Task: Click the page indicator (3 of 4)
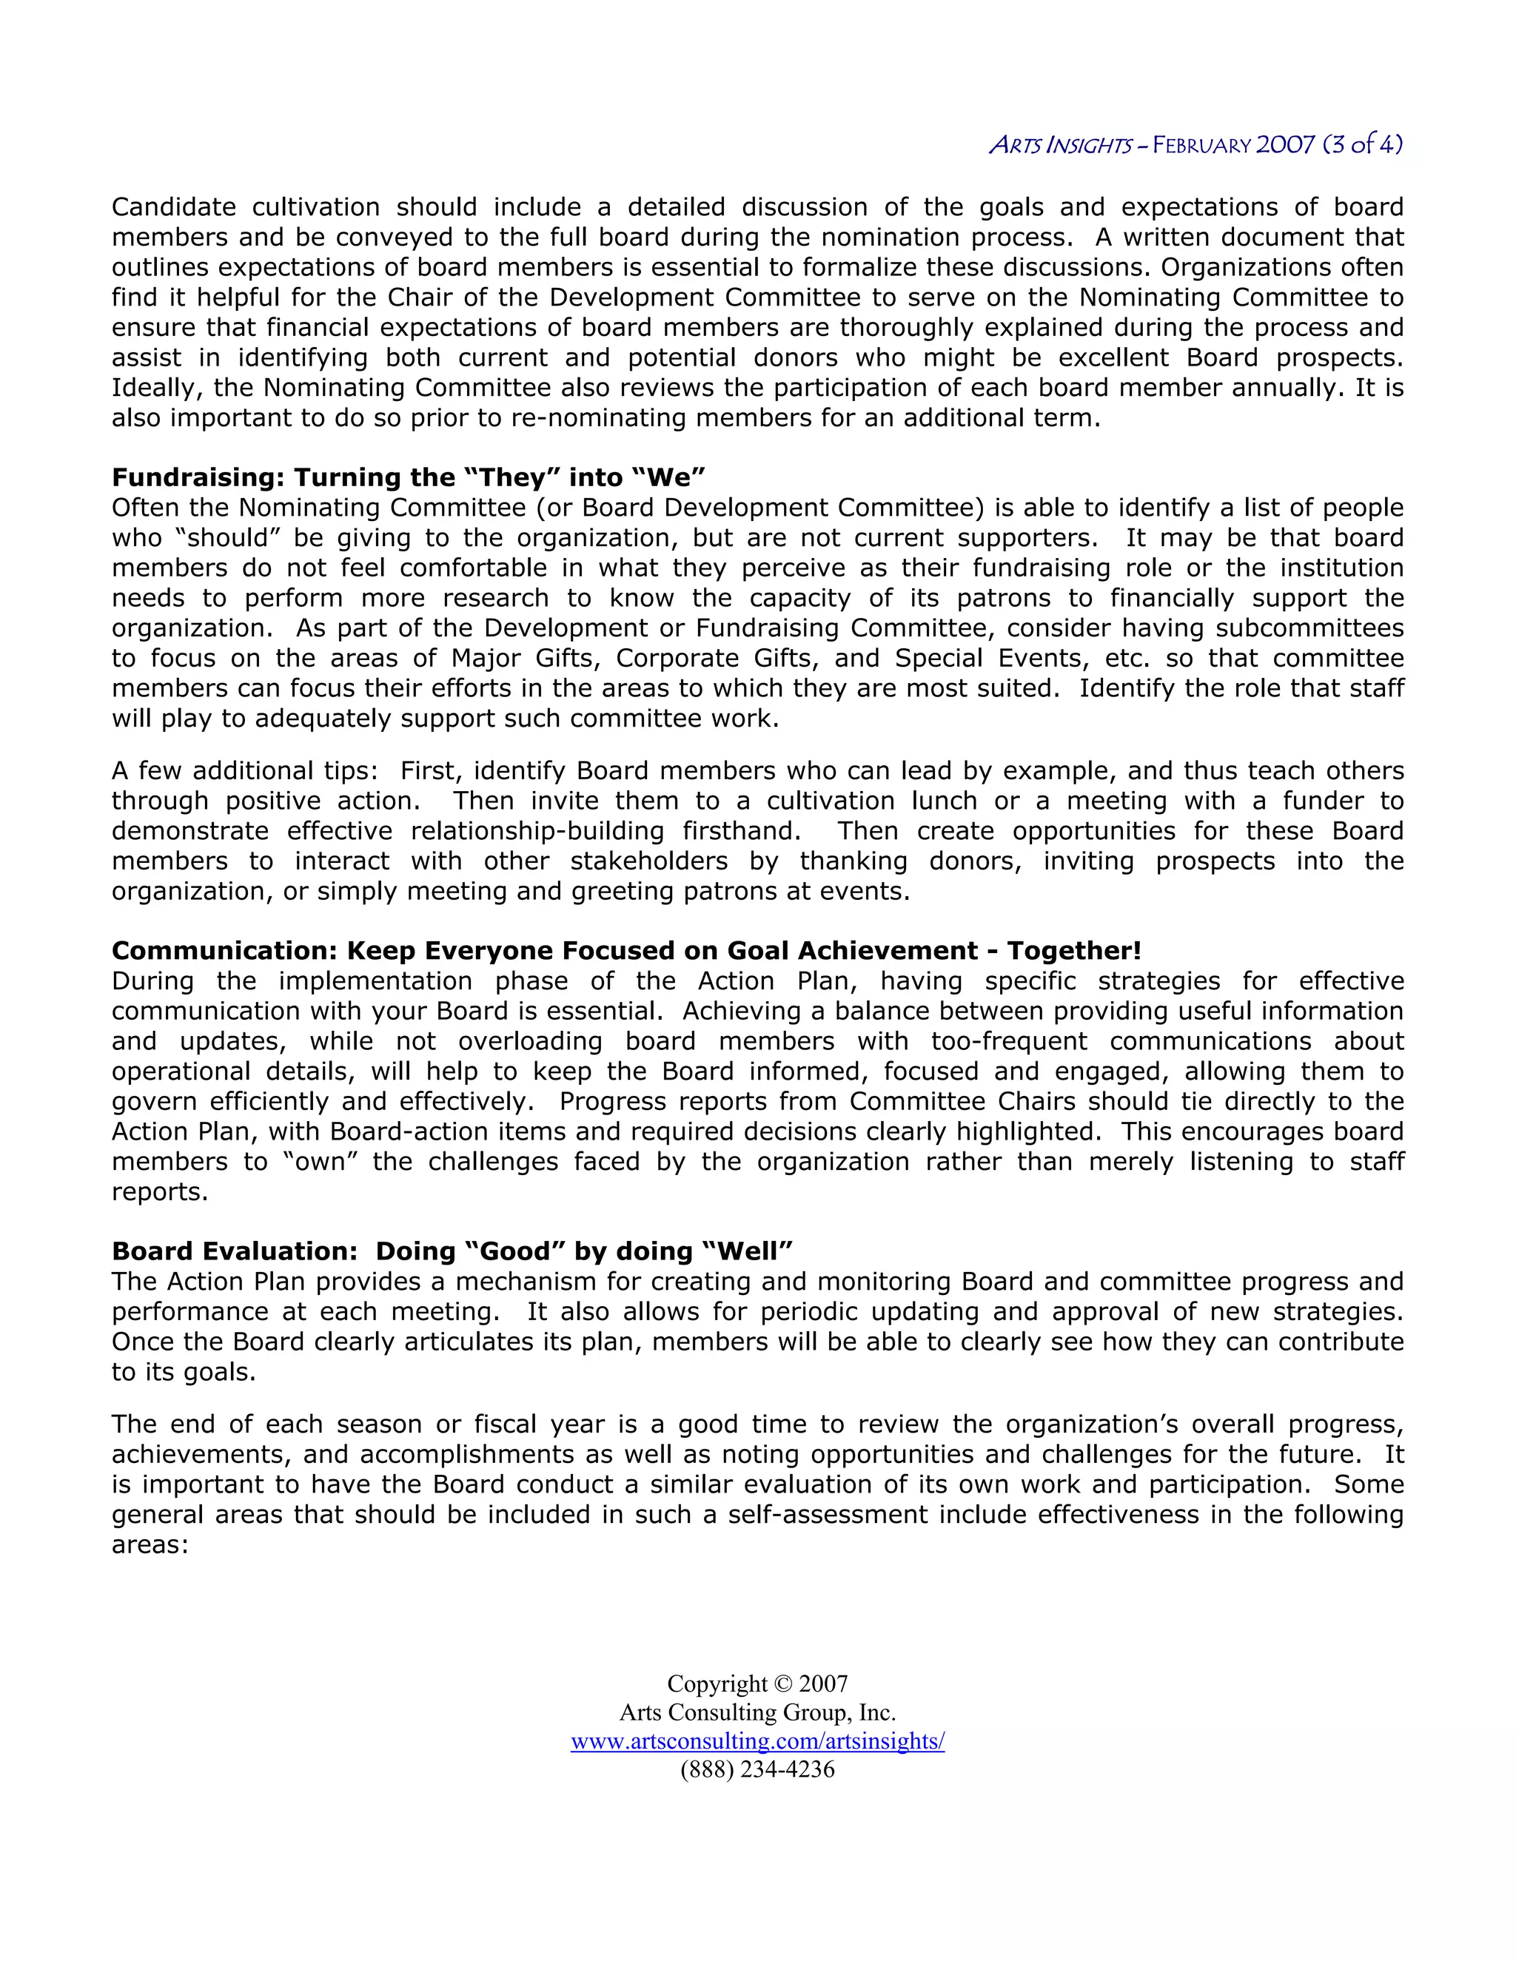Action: click(1363, 144)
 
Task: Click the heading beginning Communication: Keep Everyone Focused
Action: click(626, 951)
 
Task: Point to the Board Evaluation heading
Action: click(452, 1251)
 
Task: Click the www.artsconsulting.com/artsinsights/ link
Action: click(757, 1741)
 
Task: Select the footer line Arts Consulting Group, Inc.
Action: click(757, 1712)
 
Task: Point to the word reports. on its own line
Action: click(160, 1191)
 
